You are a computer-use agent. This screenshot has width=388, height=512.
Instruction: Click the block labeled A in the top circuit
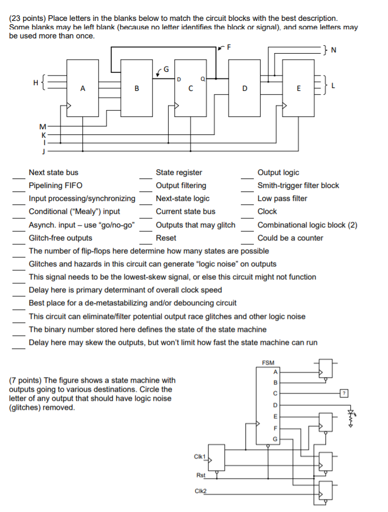pyautogui.click(x=83, y=87)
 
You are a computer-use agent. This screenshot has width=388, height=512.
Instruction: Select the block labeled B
pyautogui.click(x=136, y=87)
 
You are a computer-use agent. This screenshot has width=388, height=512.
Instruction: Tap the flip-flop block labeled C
pyautogui.click(x=191, y=87)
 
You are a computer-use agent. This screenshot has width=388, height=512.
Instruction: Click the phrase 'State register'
pyautogui.click(x=179, y=173)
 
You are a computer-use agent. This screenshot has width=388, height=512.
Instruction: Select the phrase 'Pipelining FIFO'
pyautogui.click(x=55, y=186)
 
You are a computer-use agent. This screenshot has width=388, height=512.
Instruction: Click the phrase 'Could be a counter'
pyautogui.click(x=290, y=238)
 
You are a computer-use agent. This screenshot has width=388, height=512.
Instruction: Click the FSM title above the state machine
pyautogui.click(x=269, y=363)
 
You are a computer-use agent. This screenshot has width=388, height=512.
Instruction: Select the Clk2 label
pyautogui.click(x=200, y=491)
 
